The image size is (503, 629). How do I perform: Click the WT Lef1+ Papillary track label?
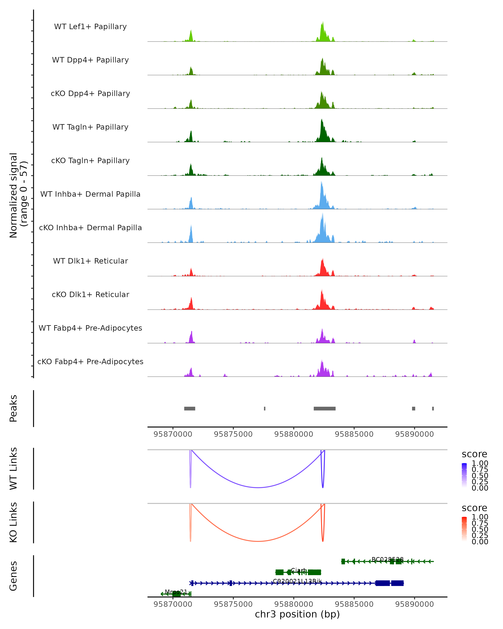[90, 27]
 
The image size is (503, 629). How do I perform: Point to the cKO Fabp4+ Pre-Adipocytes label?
[90, 361]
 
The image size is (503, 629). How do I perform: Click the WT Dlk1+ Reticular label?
[90, 261]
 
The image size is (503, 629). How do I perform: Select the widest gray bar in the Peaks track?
[325, 408]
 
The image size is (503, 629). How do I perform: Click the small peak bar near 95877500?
[264, 408]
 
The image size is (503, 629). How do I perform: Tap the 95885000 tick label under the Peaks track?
[354, 434]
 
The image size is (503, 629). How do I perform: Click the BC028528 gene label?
[388, 559]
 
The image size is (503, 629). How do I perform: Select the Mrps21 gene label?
[176, 592]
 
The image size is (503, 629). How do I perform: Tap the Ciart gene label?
[298, 570]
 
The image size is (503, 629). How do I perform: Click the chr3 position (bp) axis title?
[297, 614]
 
